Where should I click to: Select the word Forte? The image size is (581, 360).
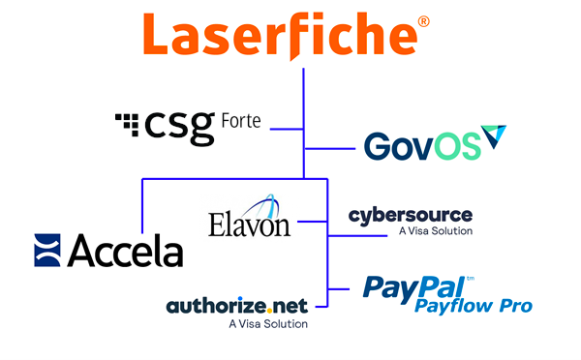[x=244, y=122]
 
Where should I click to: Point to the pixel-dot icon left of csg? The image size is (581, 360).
[x=127, y=122]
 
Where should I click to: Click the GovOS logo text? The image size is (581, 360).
[x=422, y=145]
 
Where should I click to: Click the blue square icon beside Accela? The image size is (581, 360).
[x=47, y=250]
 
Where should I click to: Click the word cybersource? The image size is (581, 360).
[x=411, y=214]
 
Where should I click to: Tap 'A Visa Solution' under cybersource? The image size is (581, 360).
[x=436, y=232]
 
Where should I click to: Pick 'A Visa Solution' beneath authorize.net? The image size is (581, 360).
[x=268, y=324]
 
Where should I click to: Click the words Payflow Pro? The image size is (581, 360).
[x=474, y=307]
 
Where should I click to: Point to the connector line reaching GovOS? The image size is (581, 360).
[x=330, y=149]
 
